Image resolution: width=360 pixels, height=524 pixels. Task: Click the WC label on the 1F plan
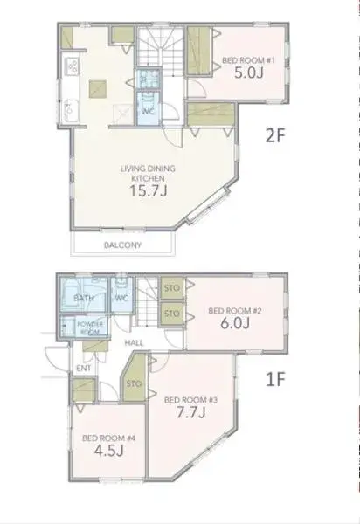122,299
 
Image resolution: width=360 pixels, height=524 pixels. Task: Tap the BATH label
84,298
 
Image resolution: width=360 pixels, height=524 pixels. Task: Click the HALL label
133,343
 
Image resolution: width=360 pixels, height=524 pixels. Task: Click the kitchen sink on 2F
70,109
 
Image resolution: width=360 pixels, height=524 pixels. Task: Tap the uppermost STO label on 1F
171,288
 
